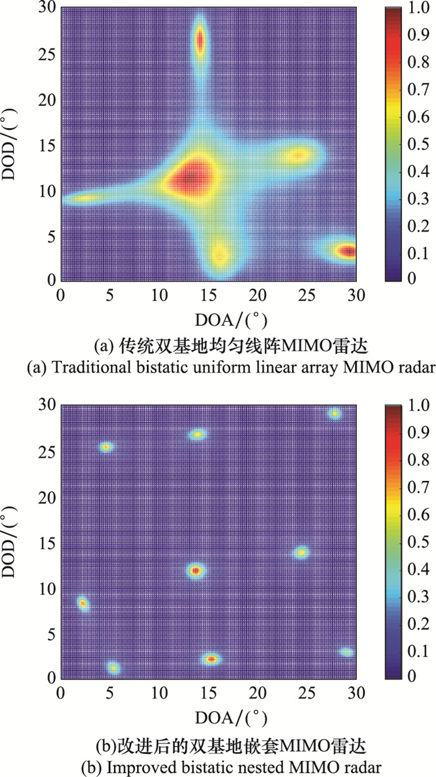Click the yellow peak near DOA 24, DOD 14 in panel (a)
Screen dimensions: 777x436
pos(299,155)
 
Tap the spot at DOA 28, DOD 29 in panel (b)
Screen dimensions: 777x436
pos(335,414)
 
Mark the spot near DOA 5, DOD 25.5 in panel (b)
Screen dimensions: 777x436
pos(107,447)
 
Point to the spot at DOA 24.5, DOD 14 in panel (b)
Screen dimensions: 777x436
pos(302,552)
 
